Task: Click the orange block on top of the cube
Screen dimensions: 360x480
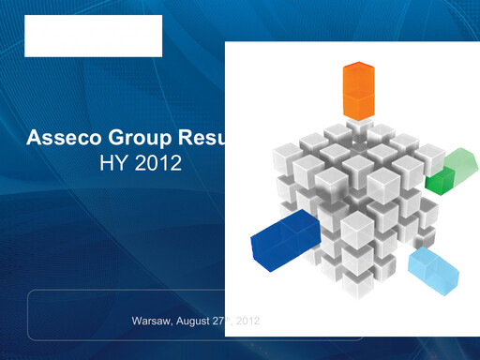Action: pyautogui.click(x=358, y=90)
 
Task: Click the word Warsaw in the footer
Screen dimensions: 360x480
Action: pyautogui.click(x=152, y=322)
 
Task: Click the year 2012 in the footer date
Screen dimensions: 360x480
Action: pyautogui.click(x=248, y=322)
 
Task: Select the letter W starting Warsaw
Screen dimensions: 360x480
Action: pyautogui.click(x=137, y=322)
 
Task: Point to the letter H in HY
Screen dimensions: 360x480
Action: pyautogui.click(x=106, y=165)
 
